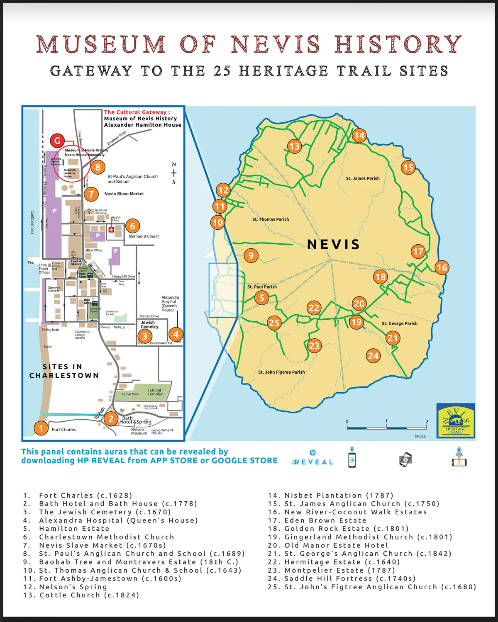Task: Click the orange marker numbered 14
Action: [359, 136]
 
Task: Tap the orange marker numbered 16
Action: [442, 267]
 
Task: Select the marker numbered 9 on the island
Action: [250, 255]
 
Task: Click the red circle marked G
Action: [57, 141]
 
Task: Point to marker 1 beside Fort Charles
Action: [41, 428]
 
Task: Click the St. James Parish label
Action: [362, 178]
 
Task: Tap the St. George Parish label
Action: [399, 323]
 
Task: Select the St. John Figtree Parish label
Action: [281, 372]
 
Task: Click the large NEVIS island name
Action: [333, 245]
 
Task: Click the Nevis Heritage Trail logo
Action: [455, 421]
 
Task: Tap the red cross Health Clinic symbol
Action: [111, 229]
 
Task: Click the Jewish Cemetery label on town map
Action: [149, 324]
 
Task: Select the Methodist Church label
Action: [144, 236]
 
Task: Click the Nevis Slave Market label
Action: [124, 194]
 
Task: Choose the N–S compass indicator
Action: [174, 173]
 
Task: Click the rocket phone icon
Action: [459, 457]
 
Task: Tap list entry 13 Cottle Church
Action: [81, 595]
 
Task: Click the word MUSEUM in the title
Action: [101, 44]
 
